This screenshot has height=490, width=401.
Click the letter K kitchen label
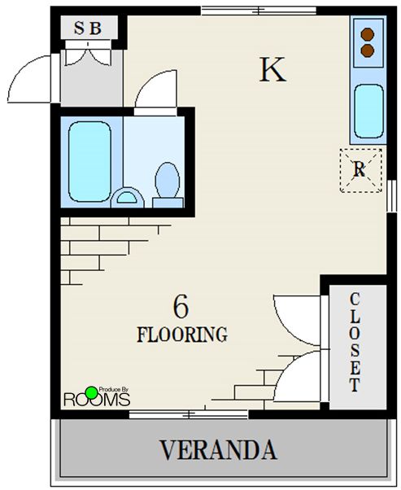click(x=272, y=70)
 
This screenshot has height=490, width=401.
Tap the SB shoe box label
click(x=88, y=28)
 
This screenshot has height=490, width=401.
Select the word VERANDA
click(x=218, y=449)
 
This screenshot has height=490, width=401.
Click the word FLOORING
click(x=182, y=335)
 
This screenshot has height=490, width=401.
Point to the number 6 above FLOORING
click(x=181, y=307)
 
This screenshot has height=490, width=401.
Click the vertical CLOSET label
click(x=355, y=342)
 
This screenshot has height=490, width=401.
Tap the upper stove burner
click(x=368, y=34)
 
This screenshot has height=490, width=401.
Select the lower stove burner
click(x=368, y=50)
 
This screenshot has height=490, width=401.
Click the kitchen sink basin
click(x=368, y=112)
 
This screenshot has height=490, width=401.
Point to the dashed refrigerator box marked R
click(x=360, y=170)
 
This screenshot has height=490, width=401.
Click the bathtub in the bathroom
click(x=89, y=161)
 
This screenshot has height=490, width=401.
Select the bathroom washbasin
click(x=127, y=198)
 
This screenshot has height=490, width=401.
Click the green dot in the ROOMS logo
click(x=91, y=393)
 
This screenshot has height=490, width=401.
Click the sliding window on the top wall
click(x=259, y=11)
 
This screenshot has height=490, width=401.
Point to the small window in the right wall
click(x=391, y=196)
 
